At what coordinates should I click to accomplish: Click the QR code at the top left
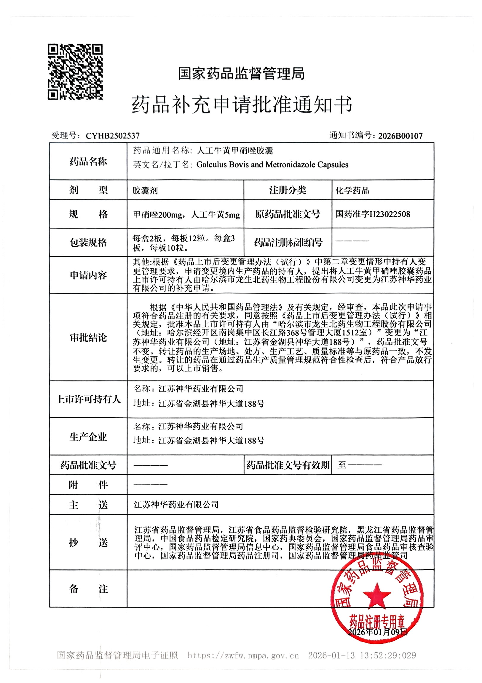(x=75, y=72)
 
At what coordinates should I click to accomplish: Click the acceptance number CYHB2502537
(x=113, y=136)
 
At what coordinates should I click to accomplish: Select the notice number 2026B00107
(x=400, y=136)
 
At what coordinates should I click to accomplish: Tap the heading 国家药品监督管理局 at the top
(x=241, y=74)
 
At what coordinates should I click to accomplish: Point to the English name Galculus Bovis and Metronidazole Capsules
(x=272, y=164)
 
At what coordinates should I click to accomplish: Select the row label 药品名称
(x=88, y=162)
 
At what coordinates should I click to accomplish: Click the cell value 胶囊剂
(x=145, y=190)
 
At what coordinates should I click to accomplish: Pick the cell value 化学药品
(x=352, y=190)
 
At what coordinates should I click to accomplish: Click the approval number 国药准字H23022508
(x=373, y=214)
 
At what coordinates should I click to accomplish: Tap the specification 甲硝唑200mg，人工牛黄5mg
(x=186, y=215)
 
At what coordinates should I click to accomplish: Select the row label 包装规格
(x=88, y=243)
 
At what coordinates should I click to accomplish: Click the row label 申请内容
(x=88, y=275)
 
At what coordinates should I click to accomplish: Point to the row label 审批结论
(x=88, y=337)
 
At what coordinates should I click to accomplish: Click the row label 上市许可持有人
(x=88, y=399)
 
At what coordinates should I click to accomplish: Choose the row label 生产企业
(x=88, y=437)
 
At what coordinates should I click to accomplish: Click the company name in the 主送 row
(x=176, y=505)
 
